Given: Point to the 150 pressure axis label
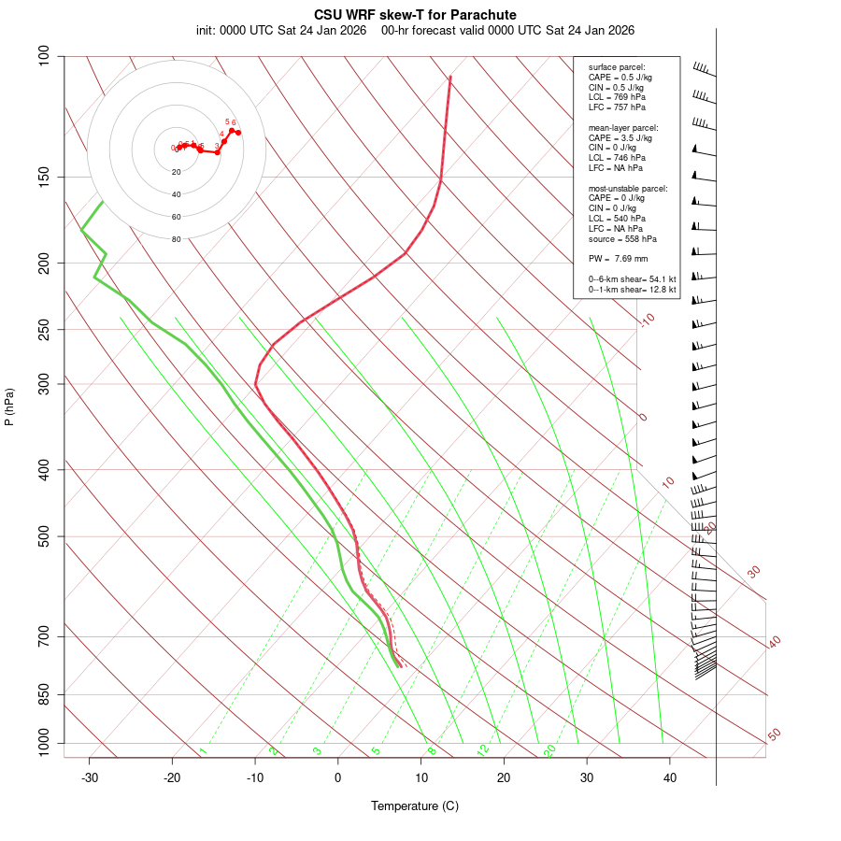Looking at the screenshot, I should (x=44, y=177).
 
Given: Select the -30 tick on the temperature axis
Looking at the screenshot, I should (x=90, y=758).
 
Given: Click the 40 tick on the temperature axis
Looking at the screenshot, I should (x=670, y=758).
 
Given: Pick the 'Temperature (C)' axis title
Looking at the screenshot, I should (x=415, y=806).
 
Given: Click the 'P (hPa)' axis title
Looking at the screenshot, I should (x=9, y=406).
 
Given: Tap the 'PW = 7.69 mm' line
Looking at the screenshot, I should (x=618, y=259).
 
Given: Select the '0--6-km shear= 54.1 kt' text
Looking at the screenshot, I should (x=632, y=279).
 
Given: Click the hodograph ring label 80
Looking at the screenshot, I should (x=176, y=239).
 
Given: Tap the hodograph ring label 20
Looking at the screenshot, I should (x=176, y=172).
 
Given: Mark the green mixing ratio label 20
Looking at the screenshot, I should (x=550, y=749).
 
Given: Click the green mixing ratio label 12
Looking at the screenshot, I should (x=483, y=749).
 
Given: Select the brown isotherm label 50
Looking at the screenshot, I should (x=774, y=735).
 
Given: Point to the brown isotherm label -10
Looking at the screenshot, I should (x=647, y=320).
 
